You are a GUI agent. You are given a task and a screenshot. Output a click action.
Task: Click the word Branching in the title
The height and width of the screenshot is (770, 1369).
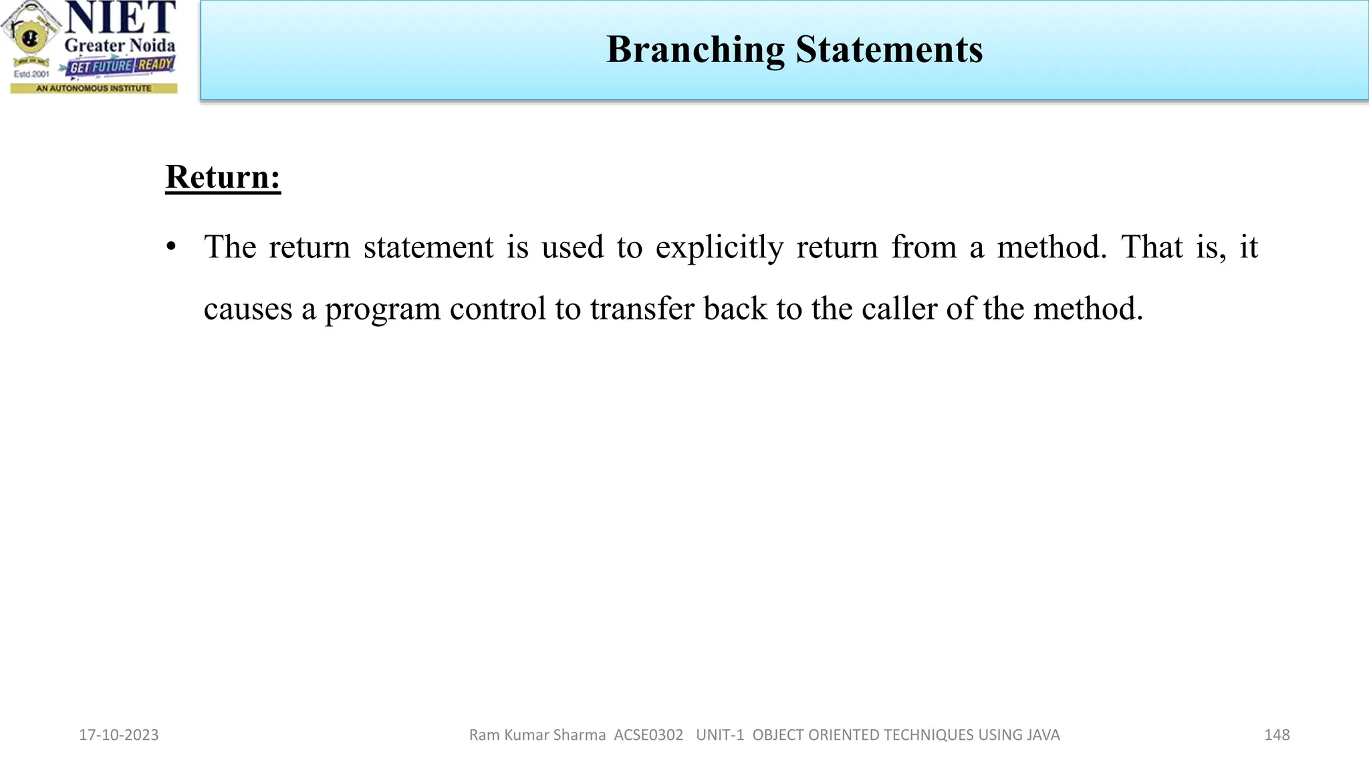[x=695, y=50]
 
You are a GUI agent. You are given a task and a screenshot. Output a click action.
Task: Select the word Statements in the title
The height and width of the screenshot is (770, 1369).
[x=889, y=50]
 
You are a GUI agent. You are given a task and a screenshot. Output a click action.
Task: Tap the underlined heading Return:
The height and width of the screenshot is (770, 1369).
[x=223, y=177]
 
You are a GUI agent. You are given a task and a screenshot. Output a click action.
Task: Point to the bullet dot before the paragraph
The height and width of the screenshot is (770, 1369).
[x=172, y=247]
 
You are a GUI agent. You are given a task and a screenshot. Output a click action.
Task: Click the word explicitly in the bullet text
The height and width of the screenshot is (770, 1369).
[x=719, y=247]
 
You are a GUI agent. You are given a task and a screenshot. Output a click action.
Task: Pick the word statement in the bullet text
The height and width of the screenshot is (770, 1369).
[x=428, y=247]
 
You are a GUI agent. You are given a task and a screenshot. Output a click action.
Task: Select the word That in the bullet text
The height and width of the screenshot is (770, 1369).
[x=1152, y=247]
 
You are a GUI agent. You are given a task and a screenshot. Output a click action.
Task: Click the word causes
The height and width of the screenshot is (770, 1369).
[x=248, y=309]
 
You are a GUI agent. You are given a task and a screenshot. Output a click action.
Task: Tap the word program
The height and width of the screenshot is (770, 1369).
[x=382, y=309]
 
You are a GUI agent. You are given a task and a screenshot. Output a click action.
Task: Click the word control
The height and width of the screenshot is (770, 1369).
[x=498, y=309]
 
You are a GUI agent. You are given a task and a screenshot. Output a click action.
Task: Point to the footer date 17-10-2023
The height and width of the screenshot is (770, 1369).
[x=119, y=735]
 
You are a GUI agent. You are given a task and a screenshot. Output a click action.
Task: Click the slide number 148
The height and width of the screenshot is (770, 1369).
[x=1277, y=735]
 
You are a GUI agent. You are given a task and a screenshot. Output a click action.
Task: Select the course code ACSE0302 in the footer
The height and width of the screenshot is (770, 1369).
[x=648, y=735]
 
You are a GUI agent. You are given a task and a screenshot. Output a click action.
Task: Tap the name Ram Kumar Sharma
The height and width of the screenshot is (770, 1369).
[x=537, y=735]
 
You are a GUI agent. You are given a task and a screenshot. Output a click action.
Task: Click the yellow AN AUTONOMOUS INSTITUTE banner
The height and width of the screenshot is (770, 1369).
[x=94, y=88]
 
